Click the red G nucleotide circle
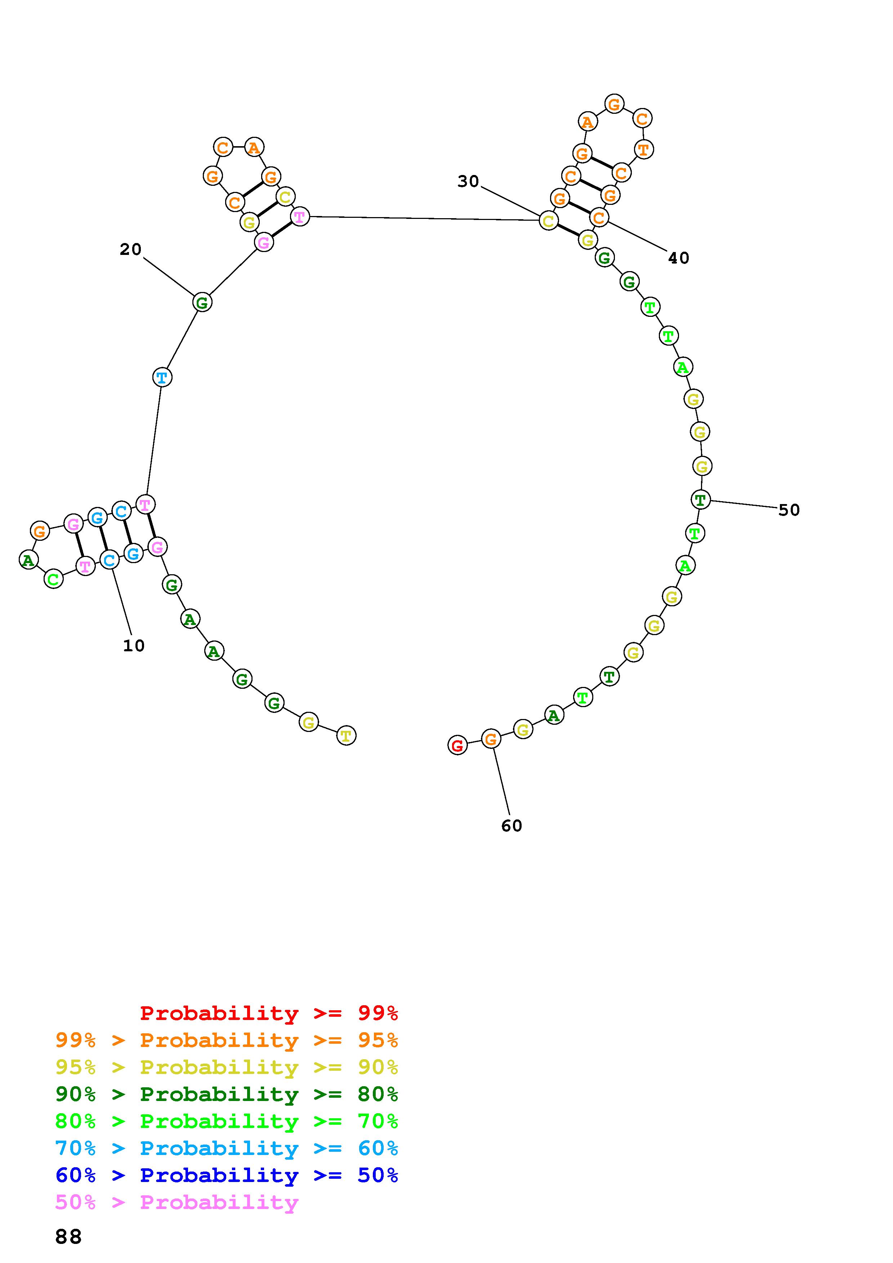tap(457, 745)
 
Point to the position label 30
tap(468, 181)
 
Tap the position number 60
tap(512, 825)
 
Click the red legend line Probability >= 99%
tap(269, 1013)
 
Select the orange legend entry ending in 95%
tap(227, 1040)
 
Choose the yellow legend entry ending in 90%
tap(227, 1067)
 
